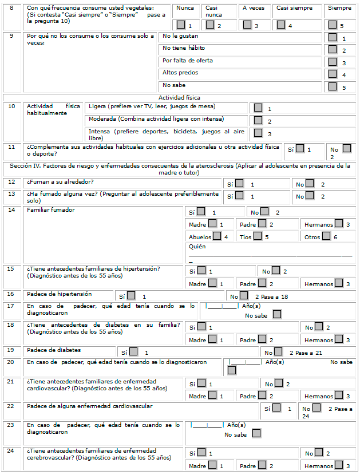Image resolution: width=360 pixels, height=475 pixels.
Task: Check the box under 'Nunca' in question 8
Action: tap(181, 25)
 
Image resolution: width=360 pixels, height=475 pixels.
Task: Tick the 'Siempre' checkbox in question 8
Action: tap(333, 25)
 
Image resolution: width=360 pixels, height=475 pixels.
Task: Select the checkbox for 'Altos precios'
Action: tap(333, 74)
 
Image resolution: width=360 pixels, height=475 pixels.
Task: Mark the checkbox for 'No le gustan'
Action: tap(333, 37)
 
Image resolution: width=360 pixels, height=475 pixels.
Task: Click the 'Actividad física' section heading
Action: tap(180, 97)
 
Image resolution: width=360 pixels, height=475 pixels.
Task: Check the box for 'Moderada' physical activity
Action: tap(258, 120)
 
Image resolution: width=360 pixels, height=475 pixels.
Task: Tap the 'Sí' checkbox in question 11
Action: tap(300, 148)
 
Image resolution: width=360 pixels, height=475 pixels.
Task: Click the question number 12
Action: tap(12, 181)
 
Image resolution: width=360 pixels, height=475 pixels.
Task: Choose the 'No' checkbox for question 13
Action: tap(310, 195)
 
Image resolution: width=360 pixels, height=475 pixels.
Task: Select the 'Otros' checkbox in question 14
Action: tap(326, 236)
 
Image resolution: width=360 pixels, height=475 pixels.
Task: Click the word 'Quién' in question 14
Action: tap(197, 247)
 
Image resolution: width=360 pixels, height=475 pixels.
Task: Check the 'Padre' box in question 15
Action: tap(262, 283)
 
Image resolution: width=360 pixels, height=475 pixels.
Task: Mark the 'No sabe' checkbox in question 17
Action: tap(277, 314)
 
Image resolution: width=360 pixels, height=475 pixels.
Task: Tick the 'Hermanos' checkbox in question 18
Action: tap(339, 339)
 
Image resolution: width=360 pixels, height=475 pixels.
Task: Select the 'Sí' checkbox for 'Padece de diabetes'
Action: tap(133, 351)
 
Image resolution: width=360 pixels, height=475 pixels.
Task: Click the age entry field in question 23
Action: tap(207, 425)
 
